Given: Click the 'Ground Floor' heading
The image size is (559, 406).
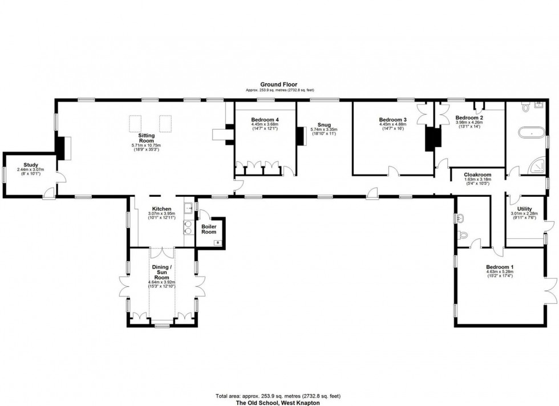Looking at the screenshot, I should click(279, 84).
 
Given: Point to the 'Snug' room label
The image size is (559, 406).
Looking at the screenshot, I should click(323, 125).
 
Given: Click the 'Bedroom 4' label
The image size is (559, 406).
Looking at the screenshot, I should click(264, 119).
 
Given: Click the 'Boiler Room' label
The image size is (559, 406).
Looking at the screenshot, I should click(209, 228).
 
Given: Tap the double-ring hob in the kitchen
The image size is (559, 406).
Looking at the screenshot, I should click(187, 228).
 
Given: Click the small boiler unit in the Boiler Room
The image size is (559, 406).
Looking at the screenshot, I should click(217, 242).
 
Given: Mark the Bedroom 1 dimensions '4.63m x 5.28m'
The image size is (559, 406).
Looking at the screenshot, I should click(500, 272).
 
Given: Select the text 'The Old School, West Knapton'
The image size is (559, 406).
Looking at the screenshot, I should click(279, 401).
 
